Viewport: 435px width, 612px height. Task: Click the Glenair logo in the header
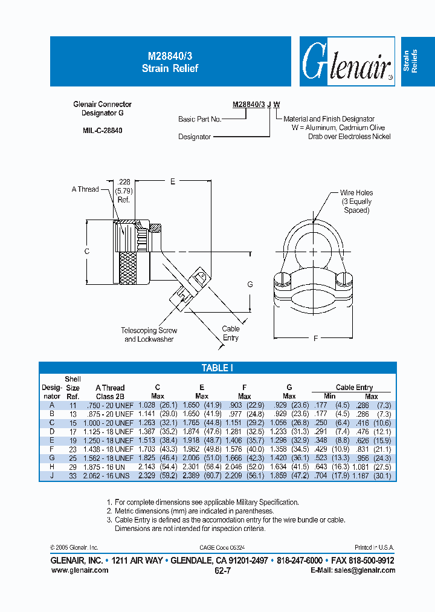346,62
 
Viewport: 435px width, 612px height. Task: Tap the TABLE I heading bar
217,368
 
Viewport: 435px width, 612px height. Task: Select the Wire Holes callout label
356,201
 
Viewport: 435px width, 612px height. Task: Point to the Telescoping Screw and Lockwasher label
149,335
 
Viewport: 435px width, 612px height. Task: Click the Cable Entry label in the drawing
231,333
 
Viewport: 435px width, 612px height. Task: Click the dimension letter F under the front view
315,339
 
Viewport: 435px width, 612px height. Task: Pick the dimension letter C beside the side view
87,251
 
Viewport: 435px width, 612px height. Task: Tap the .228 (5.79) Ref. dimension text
123,190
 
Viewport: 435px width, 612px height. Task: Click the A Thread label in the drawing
85,189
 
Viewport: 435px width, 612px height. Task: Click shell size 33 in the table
72,476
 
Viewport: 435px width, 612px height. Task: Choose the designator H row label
52,467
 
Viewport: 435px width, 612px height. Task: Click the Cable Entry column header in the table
354,387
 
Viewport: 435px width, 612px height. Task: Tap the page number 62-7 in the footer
222,570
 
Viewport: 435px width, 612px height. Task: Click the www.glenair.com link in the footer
79,570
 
